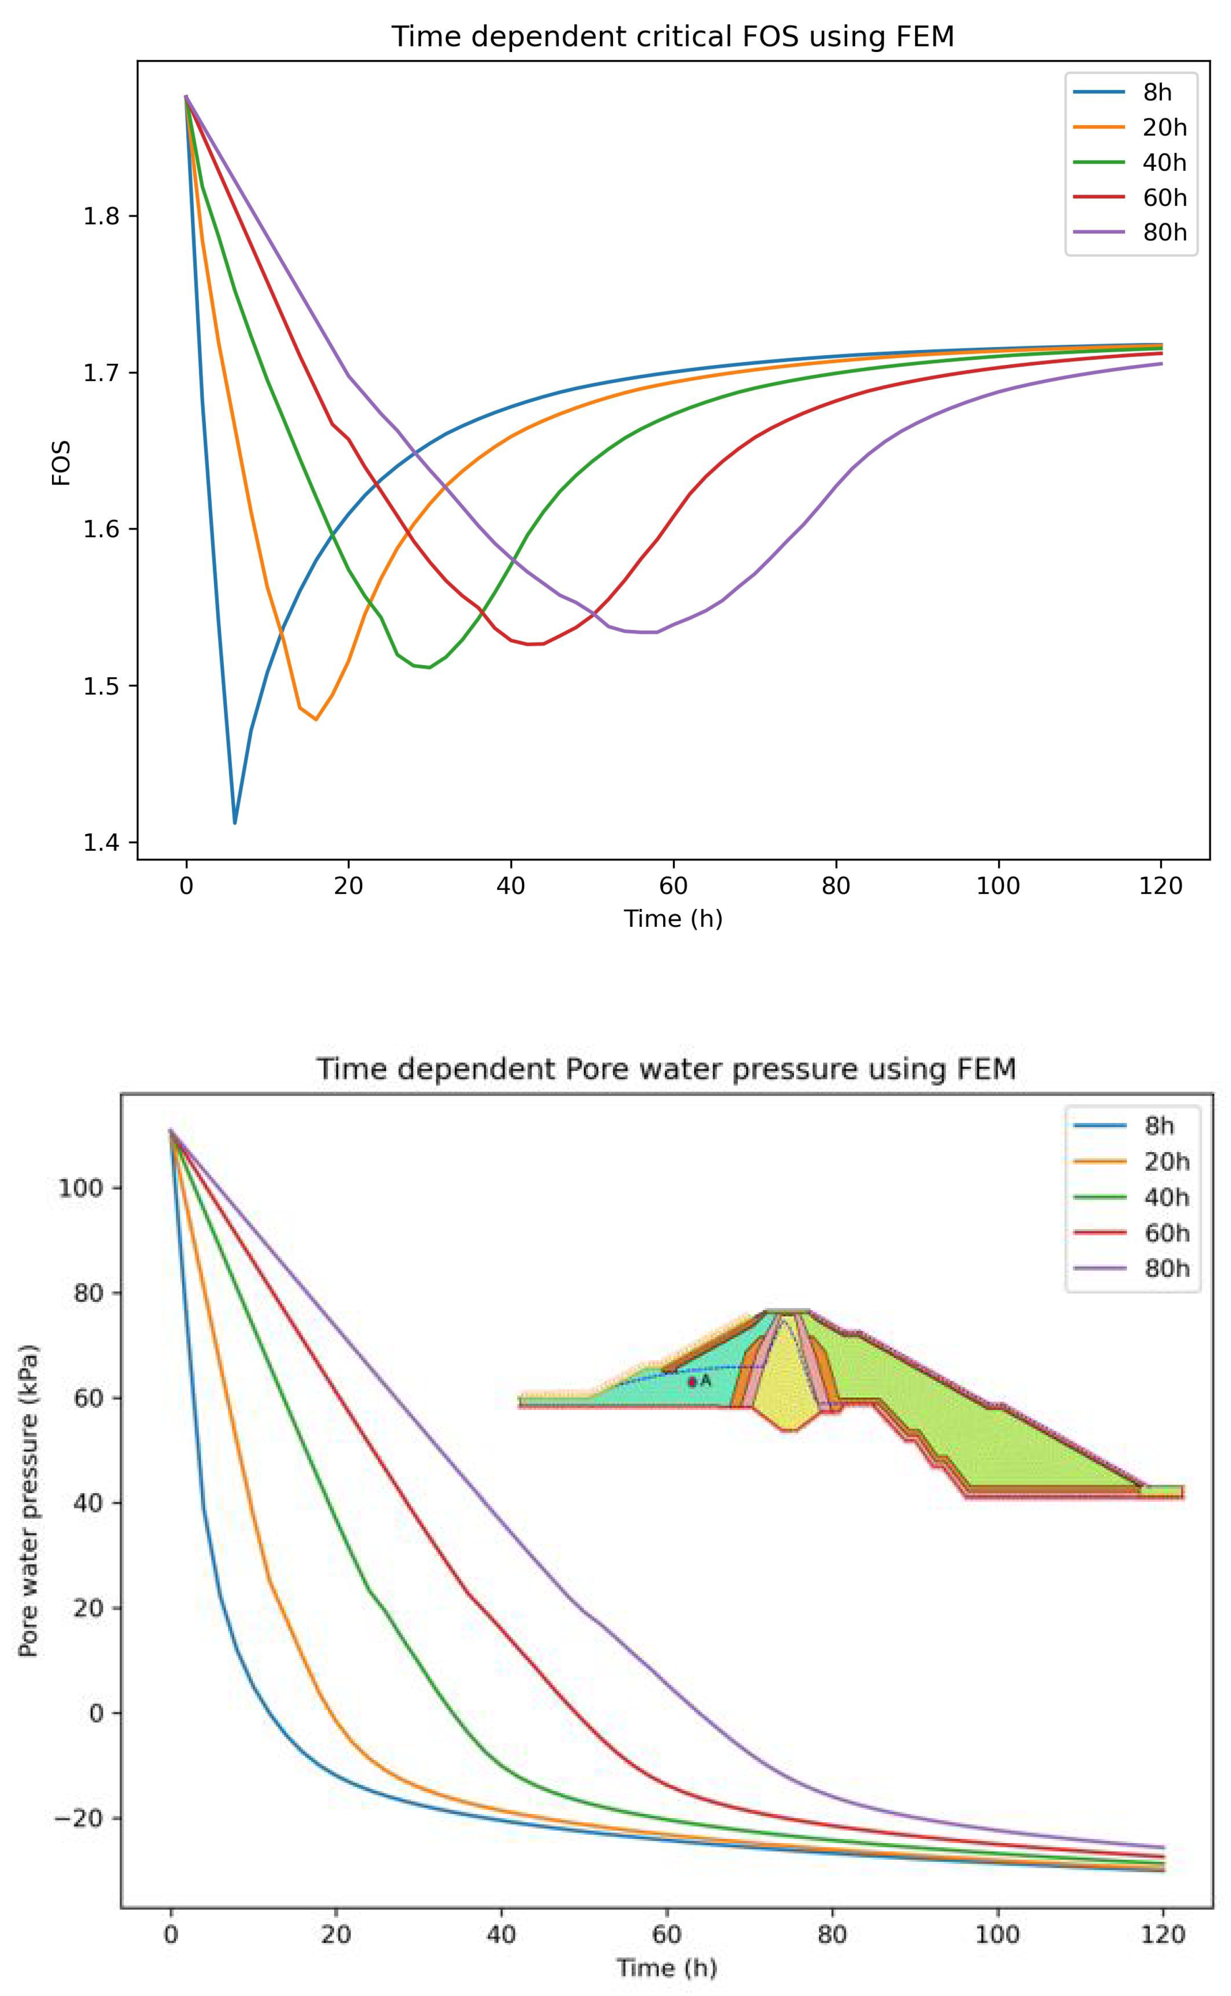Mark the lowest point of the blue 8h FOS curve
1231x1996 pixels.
pyautogui.click(x=235, y=823)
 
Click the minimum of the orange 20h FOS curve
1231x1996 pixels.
pyautogui.click(x=316, y=719)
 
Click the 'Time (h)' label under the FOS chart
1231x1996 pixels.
pyautogui.click(x=673, y=919)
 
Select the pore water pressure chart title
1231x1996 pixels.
pyautogui.click(x=666, y=1069)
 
